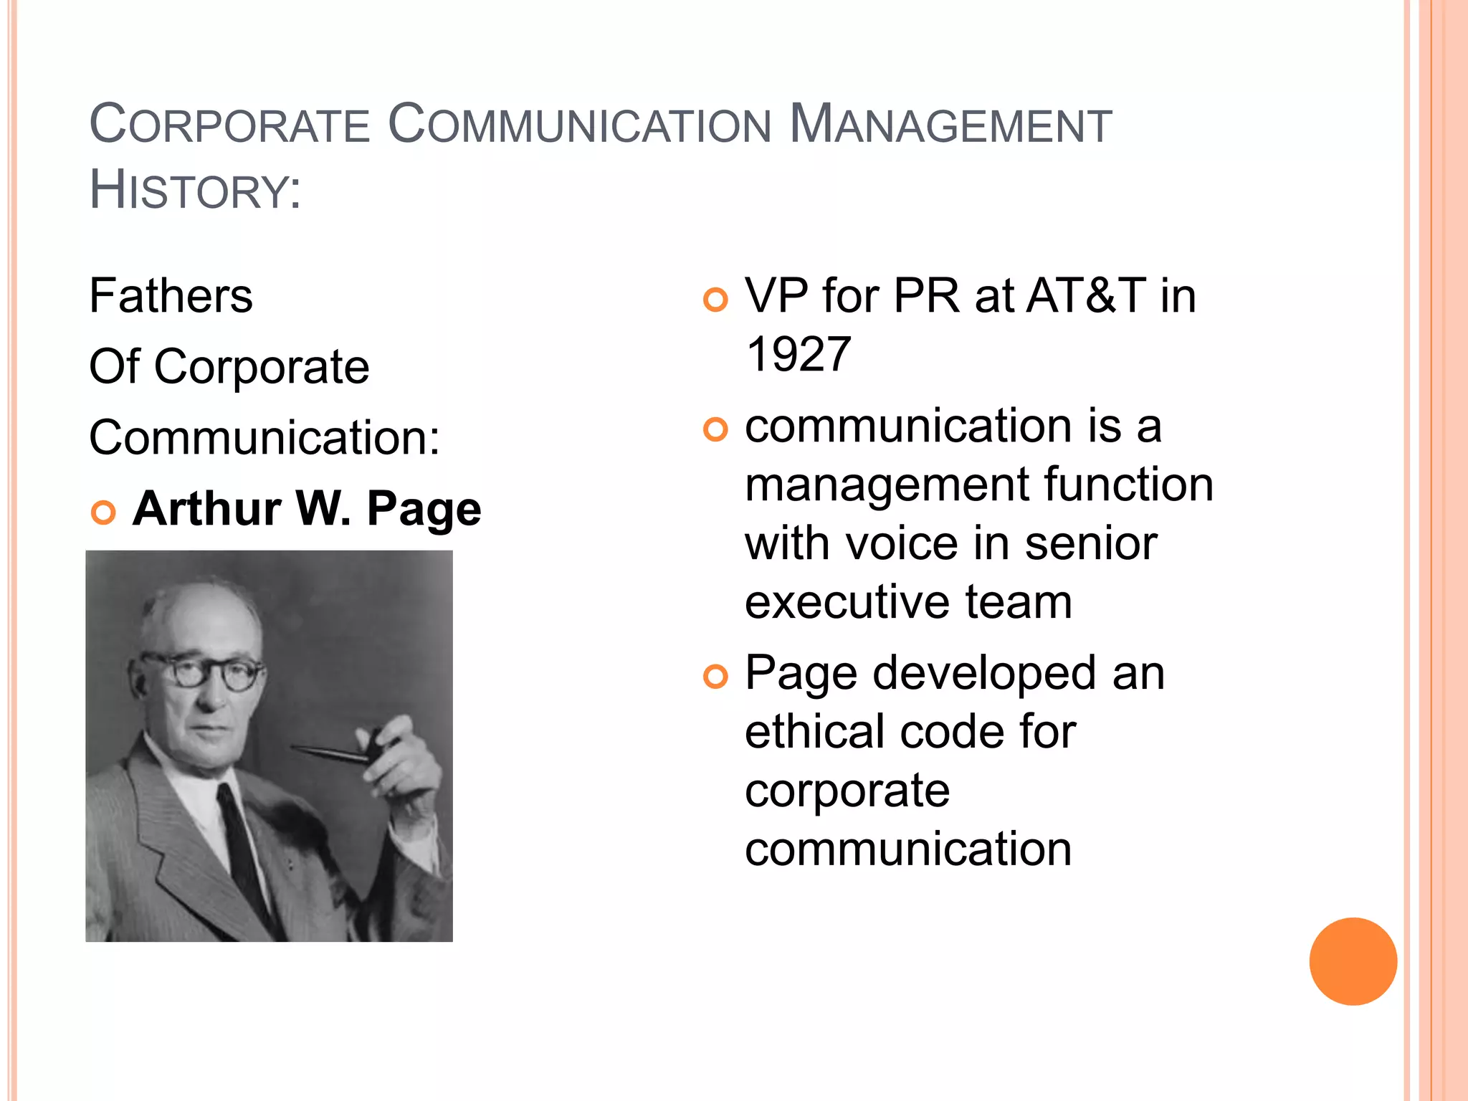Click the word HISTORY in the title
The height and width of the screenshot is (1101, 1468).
pos(194,191)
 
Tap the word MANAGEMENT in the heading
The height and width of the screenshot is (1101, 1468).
pos(950,125)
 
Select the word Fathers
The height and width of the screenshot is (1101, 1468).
pos(171,296)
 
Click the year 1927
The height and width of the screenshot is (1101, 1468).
pos(799,354)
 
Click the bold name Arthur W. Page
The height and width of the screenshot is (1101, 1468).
pos(307,509)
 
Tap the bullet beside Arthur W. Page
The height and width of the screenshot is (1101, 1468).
pos(104,513)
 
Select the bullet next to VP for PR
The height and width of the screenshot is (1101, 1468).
pos(715,300)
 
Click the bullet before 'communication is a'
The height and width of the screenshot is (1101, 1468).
pos(715,429)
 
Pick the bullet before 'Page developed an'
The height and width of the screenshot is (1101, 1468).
pos(715,676)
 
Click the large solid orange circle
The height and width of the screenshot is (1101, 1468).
pos(1353,961)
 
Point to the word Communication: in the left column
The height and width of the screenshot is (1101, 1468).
pos(264,437)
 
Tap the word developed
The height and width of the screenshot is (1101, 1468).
pos(984,673)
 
